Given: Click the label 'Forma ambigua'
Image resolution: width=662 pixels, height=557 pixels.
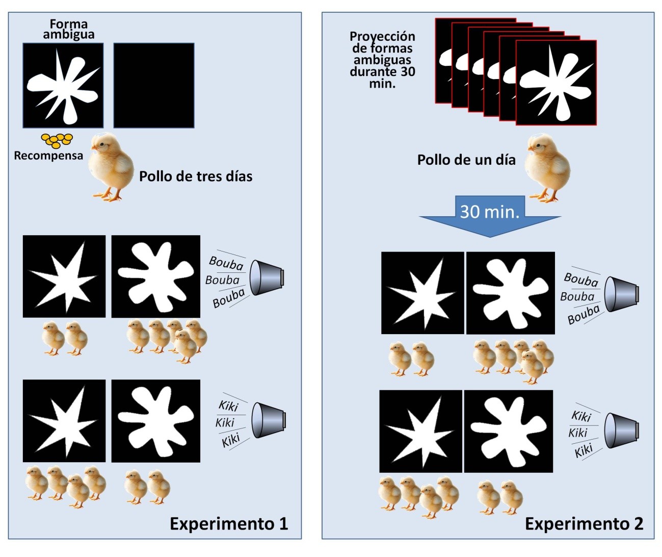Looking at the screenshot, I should click(68, 29).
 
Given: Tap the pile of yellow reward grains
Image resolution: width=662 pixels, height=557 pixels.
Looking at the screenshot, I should click(57, 140).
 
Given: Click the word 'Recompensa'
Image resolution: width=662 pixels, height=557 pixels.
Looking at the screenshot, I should click(48, 156).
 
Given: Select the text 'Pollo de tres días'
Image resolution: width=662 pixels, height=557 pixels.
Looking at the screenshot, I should click(196, 176).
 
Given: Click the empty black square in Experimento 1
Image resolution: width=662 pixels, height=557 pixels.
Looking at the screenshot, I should click(154, 85).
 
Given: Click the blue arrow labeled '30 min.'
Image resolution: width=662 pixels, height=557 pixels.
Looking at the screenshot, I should click(490, 214).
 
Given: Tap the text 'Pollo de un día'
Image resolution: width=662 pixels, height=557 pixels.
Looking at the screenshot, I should click(466, 160).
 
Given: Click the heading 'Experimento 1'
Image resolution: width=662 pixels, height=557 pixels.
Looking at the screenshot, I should click(229, 524).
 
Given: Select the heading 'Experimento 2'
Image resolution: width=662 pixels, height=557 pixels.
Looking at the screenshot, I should click(584, 524).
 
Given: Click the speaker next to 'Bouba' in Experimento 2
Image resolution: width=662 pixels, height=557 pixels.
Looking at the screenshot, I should click(621, 294).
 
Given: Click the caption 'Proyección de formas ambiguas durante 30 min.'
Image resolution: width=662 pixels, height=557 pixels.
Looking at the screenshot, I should click(383, 60).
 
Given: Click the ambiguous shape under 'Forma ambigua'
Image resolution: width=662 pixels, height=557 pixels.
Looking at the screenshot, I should click(63, 85).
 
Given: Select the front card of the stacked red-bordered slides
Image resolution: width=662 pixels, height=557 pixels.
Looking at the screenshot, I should click(556, 83).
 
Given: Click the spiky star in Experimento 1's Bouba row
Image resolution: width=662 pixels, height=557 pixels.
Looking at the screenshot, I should click(64, 276).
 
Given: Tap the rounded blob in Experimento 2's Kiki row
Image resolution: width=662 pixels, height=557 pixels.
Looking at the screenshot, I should click(508, 431).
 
